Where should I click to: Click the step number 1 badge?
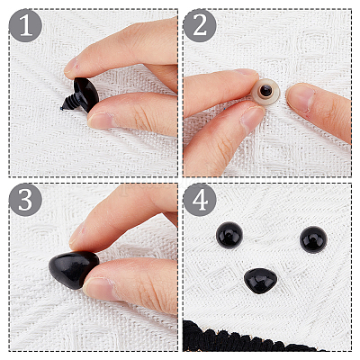(x=25, y=25)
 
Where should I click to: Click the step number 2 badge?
(x=200, y=25)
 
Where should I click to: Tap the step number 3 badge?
(x=25, y=200)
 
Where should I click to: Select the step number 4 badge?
(x=200, y=200)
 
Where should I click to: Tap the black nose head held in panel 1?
(x=87, y=94)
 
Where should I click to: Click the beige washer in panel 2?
(x=265, y=92)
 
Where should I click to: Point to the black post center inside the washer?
(x=265, y=90)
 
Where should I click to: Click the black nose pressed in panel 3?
(x=74, y=269)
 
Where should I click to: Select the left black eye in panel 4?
(x=229, y=235)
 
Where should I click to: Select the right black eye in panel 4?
(x=313, y=239)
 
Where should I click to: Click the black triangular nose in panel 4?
(x=260, y=281)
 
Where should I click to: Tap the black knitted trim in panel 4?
(x=240, y=337)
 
